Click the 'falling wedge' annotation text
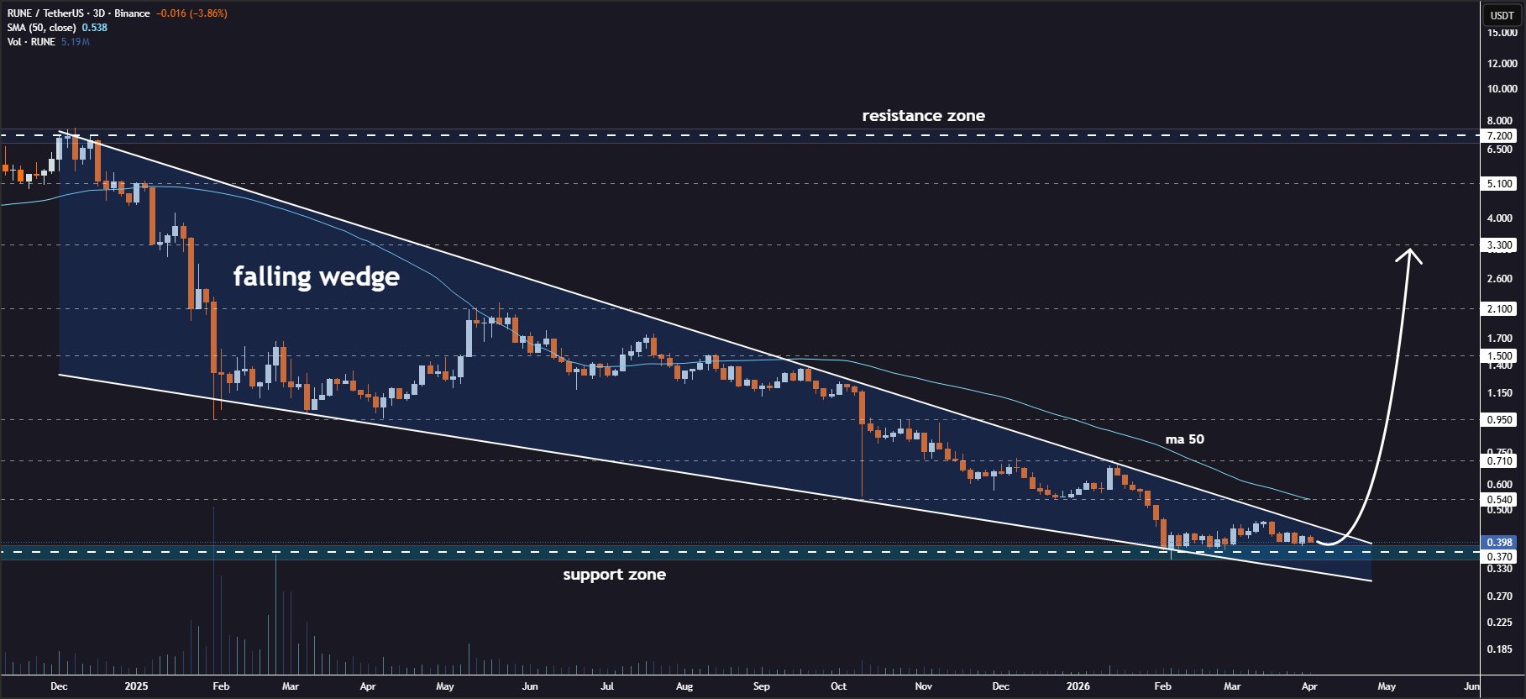316,276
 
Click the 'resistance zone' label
923,116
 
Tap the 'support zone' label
614,575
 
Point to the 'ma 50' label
1184,439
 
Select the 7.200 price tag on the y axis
1500,136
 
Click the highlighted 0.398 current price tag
1500,543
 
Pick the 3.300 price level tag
1500,246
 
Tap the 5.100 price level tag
1500,184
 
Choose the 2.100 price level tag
1500,309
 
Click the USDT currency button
1502,15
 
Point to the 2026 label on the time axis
1078,686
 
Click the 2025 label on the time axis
136,686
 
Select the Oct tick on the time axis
838,686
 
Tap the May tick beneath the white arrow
1387,686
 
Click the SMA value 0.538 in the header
94,28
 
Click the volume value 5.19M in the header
76,42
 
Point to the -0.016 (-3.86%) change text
191,13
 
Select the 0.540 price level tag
1500,500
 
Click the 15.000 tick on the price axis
1502,33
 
